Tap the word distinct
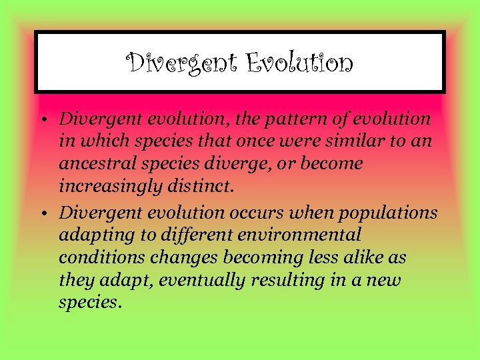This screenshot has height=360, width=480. (198, 187)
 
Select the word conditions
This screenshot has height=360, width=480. (97, 257)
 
